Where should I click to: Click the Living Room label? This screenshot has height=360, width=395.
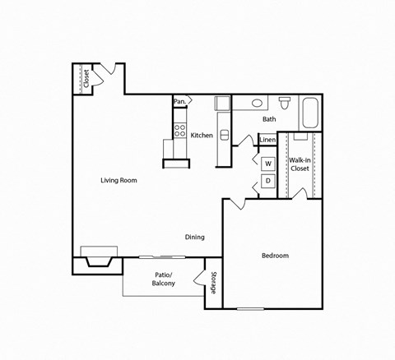point(118,180)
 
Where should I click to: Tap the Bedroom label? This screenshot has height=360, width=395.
point(275,256)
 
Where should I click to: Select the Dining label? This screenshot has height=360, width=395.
point(194,238)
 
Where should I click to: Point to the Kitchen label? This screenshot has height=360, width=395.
point(202,136)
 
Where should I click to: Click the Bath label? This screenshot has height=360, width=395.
point(269,119)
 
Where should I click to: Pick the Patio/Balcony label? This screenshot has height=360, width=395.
point(163,279)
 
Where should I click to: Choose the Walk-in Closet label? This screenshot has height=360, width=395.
point(299,164)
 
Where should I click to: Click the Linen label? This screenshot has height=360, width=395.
point(267,140)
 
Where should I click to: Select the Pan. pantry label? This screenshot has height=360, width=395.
point(179,102)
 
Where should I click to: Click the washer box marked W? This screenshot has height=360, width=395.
point(268,163)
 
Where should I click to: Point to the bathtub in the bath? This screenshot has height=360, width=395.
point(310,113)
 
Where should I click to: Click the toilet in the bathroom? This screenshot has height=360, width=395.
point(285,103)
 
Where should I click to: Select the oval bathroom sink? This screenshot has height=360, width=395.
point(258,104)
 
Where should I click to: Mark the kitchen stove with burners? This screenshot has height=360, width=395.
point(179,130)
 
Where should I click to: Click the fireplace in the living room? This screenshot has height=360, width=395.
point(97,257)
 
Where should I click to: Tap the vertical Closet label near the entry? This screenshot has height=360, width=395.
point(86,79)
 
